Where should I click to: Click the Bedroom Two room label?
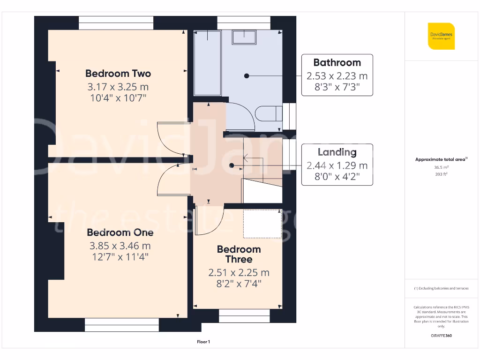pyautogui.click(x=118, y=74)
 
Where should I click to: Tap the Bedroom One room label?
pyautogui.click(x=120, y=232)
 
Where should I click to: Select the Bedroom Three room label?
pyautogui.click(x=239, y=254)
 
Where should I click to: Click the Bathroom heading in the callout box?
pyautogui.click(x=337, y=63)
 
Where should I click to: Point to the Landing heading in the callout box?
pyautogui.click(x=337, y=152)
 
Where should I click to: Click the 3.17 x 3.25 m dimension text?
pyautogui.click(x=118, y=87)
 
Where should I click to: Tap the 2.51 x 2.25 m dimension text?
pyautogui.click(x=239, y=273)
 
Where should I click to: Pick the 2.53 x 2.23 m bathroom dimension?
pyautogui.click(x=337, y=75)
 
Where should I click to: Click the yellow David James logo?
pyautogui.click(x=441, y=36)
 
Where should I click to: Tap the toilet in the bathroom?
pyautogui.click(x=269, y=113)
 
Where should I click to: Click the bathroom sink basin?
pyautogui.click(x=244, y=37)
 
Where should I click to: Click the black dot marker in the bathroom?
pyautogui.click(x=246, y=75)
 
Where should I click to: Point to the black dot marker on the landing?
pyautogui.click(x=231, y=165)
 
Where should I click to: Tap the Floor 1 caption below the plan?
pyautogui.click(x=203, y=342)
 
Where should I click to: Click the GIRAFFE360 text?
pyautogui.click(x=441, y=336)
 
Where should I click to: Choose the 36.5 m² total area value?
pyautogui.click(x=441, y=166)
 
